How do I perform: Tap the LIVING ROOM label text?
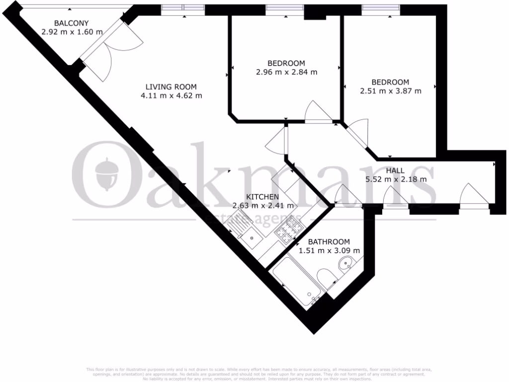(x=171, y=86)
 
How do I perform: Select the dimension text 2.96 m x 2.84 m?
(x=286, y=72)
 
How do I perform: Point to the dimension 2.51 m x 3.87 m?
(x=390, y=91)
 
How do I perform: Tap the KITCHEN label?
(x=262, y=197)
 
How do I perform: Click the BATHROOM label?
(x=329, y=242)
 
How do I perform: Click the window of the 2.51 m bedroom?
(x=380, y=8)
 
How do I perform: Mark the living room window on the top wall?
(x=183, y=8)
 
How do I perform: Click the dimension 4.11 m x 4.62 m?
(x=171, y=95)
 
